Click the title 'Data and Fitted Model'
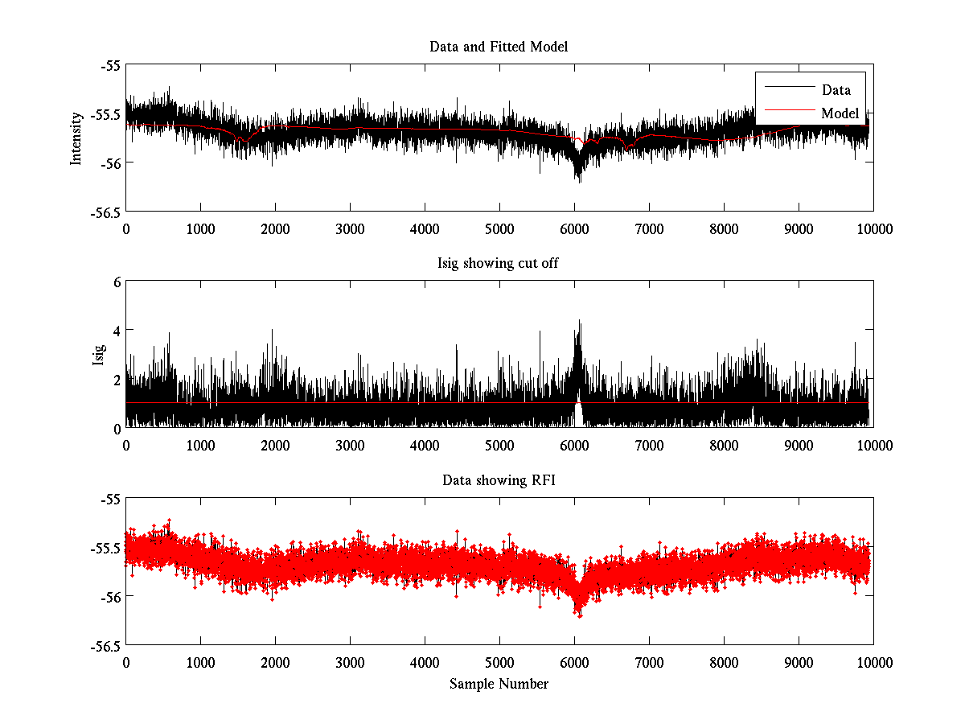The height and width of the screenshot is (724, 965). (x=499, y=47)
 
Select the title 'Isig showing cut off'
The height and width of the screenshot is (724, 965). (x=499, y=264)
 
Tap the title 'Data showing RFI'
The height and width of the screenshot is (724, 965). (x=499, y=481)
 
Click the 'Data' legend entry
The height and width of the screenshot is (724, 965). (x=836, y=90)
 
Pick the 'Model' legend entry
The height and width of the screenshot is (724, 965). (x=840, y=113)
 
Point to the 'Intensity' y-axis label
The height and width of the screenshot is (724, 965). (x=76, y=138)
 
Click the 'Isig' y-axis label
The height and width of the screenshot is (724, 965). (x=98, y=355)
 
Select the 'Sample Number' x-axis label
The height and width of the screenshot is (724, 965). (x=499, y=685)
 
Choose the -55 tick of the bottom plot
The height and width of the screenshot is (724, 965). (x=109, y=499)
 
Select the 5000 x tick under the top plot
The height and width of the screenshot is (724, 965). (x=499, y=228)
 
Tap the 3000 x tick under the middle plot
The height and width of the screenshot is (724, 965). (x=350, y=445)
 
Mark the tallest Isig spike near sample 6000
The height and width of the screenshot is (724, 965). (x=578, y=321)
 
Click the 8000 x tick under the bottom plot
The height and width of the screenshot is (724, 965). (x=724, y=662)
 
